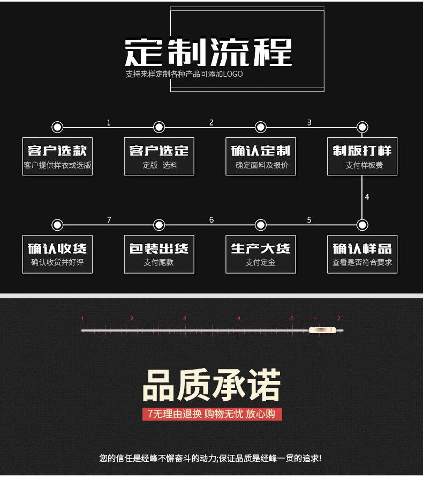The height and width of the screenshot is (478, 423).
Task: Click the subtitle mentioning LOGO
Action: coord(184,74)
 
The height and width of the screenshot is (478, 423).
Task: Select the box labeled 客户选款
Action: coord(57,156)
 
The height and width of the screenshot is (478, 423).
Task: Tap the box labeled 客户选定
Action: coord(159,156)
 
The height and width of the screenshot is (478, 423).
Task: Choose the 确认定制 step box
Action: coord(261,156)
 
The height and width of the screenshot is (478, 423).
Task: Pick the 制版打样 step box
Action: coord(362,156)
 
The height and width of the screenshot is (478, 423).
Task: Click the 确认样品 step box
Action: coord(362,254)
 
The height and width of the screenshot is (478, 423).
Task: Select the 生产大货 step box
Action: coord(261,254)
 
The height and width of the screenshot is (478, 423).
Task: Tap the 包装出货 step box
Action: coord(159,254)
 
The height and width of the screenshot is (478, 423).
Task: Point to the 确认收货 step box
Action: coord(57,254)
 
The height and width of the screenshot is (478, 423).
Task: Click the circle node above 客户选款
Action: coord(57,127)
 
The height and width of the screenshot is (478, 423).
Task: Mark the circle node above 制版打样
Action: coord(362,127)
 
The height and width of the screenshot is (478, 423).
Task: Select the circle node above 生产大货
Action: coord(261,225)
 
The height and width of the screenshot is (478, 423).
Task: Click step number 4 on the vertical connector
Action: coord(367,197)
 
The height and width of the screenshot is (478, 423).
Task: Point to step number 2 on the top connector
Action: coord(211,123)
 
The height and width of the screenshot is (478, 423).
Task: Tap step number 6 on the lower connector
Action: coord(211,220)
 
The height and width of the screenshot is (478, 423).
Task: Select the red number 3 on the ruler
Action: coord(185,319)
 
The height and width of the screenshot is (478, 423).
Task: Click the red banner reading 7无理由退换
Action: coord(211,414)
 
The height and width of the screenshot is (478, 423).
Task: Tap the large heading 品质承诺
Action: coord(211,385)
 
